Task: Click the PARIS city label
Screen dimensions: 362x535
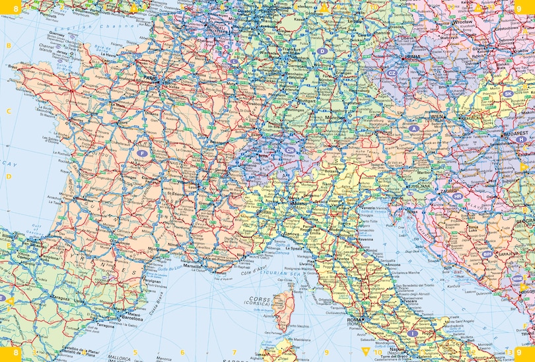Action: click(x=150, y=77)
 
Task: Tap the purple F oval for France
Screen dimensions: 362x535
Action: click(x=141, y=153)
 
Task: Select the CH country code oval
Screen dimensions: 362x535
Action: click(x=289, y=151)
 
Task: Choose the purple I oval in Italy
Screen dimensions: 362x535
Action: click(x=413, y=334)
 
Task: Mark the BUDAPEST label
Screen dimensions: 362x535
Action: click(x=516, y=133)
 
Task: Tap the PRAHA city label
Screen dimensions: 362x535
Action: click(x=413, y=57)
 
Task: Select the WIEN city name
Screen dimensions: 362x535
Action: click(x=437, y=116)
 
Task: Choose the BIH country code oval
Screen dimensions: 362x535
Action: click(x=487, y=253)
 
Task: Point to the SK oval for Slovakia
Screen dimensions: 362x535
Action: click(x=508, y=94)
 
